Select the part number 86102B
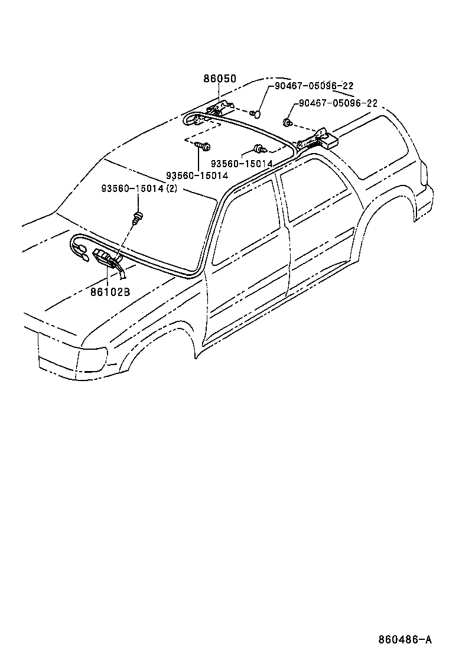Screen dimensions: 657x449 pyautogui.click(x=110, y=291)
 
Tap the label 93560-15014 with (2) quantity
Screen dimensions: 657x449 pyautogui.click(x=139, y=188)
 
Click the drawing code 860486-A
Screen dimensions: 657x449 pyautogui.click(x=405, y=640)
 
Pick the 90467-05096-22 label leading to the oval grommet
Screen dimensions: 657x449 pyautogui.click(x=314, y=86)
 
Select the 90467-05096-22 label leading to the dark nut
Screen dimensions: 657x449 pyautogui.click(x=338, y=103)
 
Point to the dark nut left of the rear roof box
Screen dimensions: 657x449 pyautogui.click(x=287, y=123)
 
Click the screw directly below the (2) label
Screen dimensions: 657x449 pyautogui.click(x=138, y=217)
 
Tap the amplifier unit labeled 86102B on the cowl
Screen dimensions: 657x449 pyautogui.click(x=105, y=259)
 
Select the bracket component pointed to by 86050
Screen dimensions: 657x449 pyautogui.click(x=222, y=108)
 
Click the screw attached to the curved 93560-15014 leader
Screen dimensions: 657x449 pyautogui.click(x=258, y=149)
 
